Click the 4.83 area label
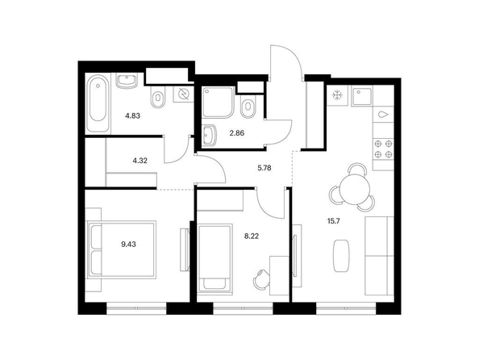tap(132, 116)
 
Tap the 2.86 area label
tap(237, 133)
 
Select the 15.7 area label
tap(334, 221)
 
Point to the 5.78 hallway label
tap(264, 168)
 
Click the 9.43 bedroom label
tap(128, 245)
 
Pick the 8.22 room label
tap(252, 236)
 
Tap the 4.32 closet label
tap(140, 161)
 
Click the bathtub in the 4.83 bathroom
tap(98, 104)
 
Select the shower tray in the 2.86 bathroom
tap(218, 103)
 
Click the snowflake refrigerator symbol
tap(338, 95)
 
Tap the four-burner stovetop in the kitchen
tap(383, 149)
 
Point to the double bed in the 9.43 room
tap(122, 249)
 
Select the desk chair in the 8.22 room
tap(260, 278)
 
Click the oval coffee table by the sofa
tap(341, 256)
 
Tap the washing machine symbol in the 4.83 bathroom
tap(183, 94)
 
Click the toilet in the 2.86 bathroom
tap(248, 107)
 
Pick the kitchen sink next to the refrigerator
tap(362, 96)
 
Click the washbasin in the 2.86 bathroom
tap(210, 135)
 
